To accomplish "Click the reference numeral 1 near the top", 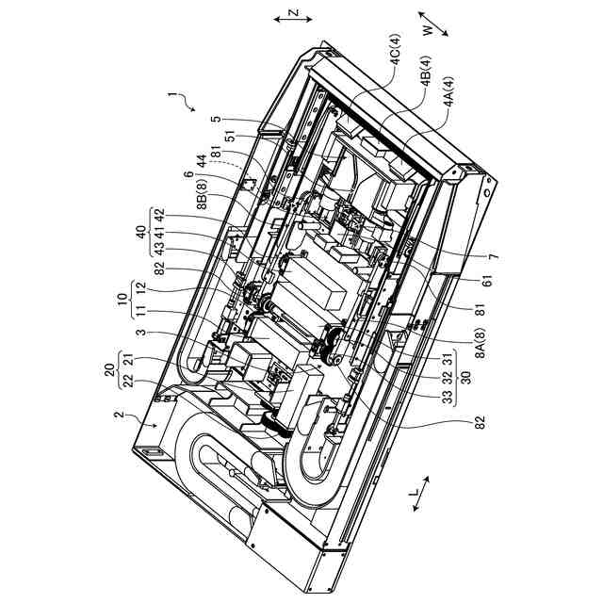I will point(171,96).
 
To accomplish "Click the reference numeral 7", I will point(494,257).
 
